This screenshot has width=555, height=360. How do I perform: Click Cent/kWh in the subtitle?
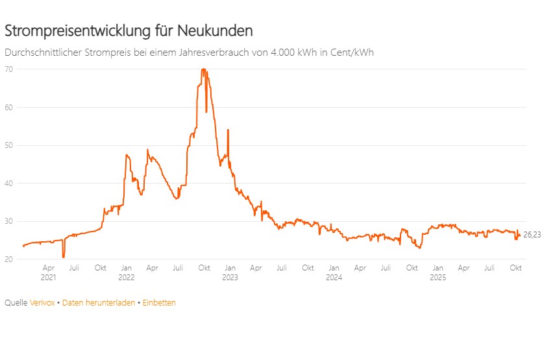click(350, 53)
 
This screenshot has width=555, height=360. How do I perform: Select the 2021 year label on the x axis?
click(49, 277)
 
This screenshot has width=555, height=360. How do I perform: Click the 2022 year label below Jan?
click(127, 277)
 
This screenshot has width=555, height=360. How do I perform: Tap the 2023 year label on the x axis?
click(230, 277)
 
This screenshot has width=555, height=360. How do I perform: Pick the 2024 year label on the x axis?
click(334, 277)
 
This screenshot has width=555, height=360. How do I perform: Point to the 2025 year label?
click(438, 277)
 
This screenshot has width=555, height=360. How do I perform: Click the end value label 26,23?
click(532, 235)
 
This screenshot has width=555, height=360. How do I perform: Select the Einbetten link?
click(159, 303)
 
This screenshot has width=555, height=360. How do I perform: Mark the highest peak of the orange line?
click(203, 69)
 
